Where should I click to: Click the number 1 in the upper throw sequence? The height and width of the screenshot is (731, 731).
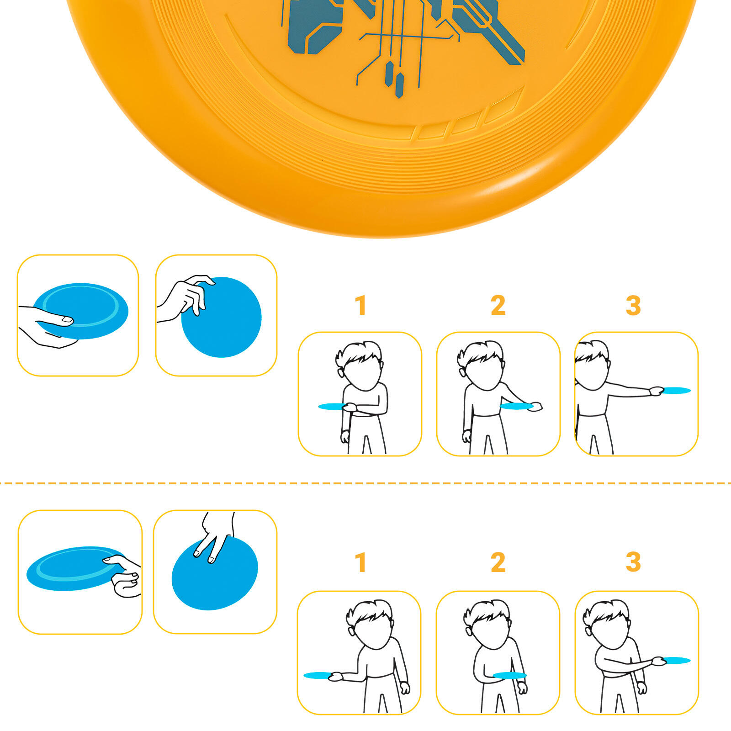click(361, 305)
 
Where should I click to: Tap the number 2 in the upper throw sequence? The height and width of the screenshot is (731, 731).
click(498, 305)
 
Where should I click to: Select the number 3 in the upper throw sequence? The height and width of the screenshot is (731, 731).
click(633, 305)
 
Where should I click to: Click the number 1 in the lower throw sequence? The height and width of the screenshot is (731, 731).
click(361, 562)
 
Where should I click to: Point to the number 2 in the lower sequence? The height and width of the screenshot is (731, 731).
click(498, 562)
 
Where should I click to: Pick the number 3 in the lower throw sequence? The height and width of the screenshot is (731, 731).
click(633, 562)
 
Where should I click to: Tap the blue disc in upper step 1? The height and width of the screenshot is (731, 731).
click(332, 406)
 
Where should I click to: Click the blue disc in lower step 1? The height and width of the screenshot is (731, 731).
click(318, 675)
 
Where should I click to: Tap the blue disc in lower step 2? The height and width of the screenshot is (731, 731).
click(510, 675)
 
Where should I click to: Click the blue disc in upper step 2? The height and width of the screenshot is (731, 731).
click(516, 406)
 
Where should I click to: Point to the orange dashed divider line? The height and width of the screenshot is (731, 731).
click(365, 483)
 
